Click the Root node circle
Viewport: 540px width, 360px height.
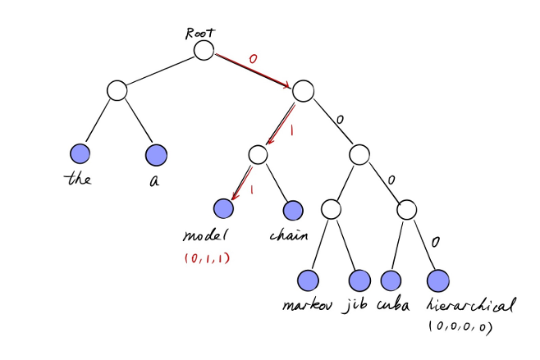tap(204, 50)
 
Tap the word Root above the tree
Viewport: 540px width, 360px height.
tap(199, 33)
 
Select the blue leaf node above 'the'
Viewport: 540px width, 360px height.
tap(80, 153)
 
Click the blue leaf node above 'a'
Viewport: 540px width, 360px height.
tap(156, 154)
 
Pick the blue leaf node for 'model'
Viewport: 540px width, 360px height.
tap(222, 208)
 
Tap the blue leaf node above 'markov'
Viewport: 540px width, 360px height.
tap(308, 280)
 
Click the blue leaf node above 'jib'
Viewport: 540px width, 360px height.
tap(359, 280)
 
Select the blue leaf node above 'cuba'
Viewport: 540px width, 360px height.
tap(391, 280)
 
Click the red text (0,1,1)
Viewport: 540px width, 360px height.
tap(208, 258)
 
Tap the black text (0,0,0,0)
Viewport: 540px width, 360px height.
tap(460, 326)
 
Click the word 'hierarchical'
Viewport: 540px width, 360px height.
tap(471, 306)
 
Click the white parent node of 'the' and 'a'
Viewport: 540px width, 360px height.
tap(117, 90)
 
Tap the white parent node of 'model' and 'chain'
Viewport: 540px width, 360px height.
tap(258, 153)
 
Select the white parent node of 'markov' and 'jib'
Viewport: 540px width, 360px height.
tap(331, 208)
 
